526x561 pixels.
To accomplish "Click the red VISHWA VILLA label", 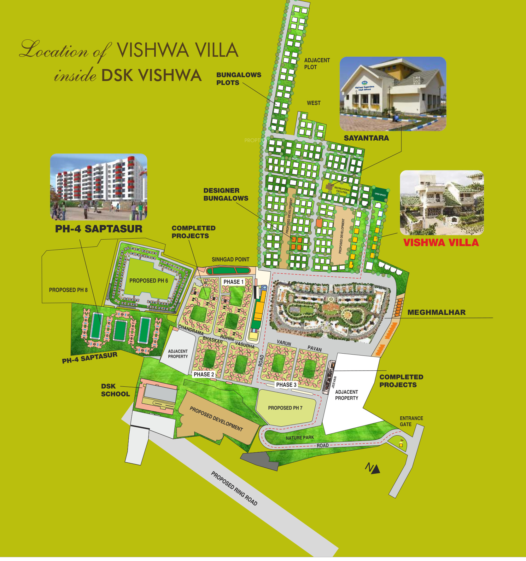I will (x=441, y=243).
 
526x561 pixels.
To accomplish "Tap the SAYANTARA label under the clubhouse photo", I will (x=366, y=138).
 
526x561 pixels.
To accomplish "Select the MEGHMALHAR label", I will (x=436, y=312).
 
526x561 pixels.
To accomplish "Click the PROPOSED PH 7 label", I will (x=285, y=408).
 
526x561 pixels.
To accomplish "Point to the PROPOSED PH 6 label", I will (x=149, y=280).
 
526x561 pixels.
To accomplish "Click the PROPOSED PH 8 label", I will (x=68, y=290).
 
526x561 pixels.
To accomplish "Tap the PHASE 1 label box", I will (x=233, y=282).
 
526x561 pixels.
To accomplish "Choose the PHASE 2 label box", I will (x=204, y=374).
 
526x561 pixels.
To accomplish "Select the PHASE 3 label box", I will (x=286, y=385).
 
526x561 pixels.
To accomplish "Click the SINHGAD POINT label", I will (x=231, y=259).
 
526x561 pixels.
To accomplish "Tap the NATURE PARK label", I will (x=300, y=438).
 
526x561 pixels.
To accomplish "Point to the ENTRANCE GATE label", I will (x=411, y=421).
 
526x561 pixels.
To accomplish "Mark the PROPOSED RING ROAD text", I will (x=234, y=488).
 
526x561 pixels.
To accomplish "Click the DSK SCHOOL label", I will (x=115, y=390).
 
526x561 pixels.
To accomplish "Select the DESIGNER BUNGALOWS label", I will (x=225, y=194).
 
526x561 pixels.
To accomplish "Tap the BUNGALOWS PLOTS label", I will (x=238, y=79).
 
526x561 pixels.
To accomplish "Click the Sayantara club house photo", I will (x=393, y=94).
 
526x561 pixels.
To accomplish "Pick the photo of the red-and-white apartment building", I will (x=99, y=187).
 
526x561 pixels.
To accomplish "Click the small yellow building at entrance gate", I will (x=401, y=445).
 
